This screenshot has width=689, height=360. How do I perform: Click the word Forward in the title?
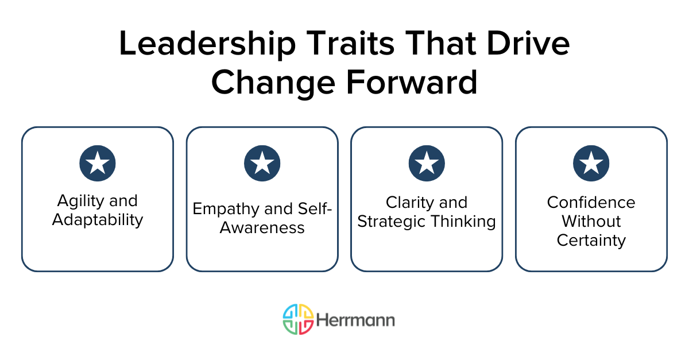(411, 82)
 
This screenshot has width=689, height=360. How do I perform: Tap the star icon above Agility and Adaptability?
(98, 164)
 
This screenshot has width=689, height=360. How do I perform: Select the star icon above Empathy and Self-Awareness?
(262, 164)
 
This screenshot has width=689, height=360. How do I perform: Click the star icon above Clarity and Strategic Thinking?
(427, 164)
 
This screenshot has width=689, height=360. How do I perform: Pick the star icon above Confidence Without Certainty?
(591, 164)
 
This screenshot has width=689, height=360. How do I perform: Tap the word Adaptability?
(98, 219)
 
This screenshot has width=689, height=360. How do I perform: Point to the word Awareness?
(262, 227)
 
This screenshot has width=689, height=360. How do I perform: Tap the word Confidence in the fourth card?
(591, 202)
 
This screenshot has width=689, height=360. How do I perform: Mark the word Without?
(591, 221)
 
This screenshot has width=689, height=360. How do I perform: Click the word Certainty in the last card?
(591, 240)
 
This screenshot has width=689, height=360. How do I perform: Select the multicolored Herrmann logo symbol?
(298, 319)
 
